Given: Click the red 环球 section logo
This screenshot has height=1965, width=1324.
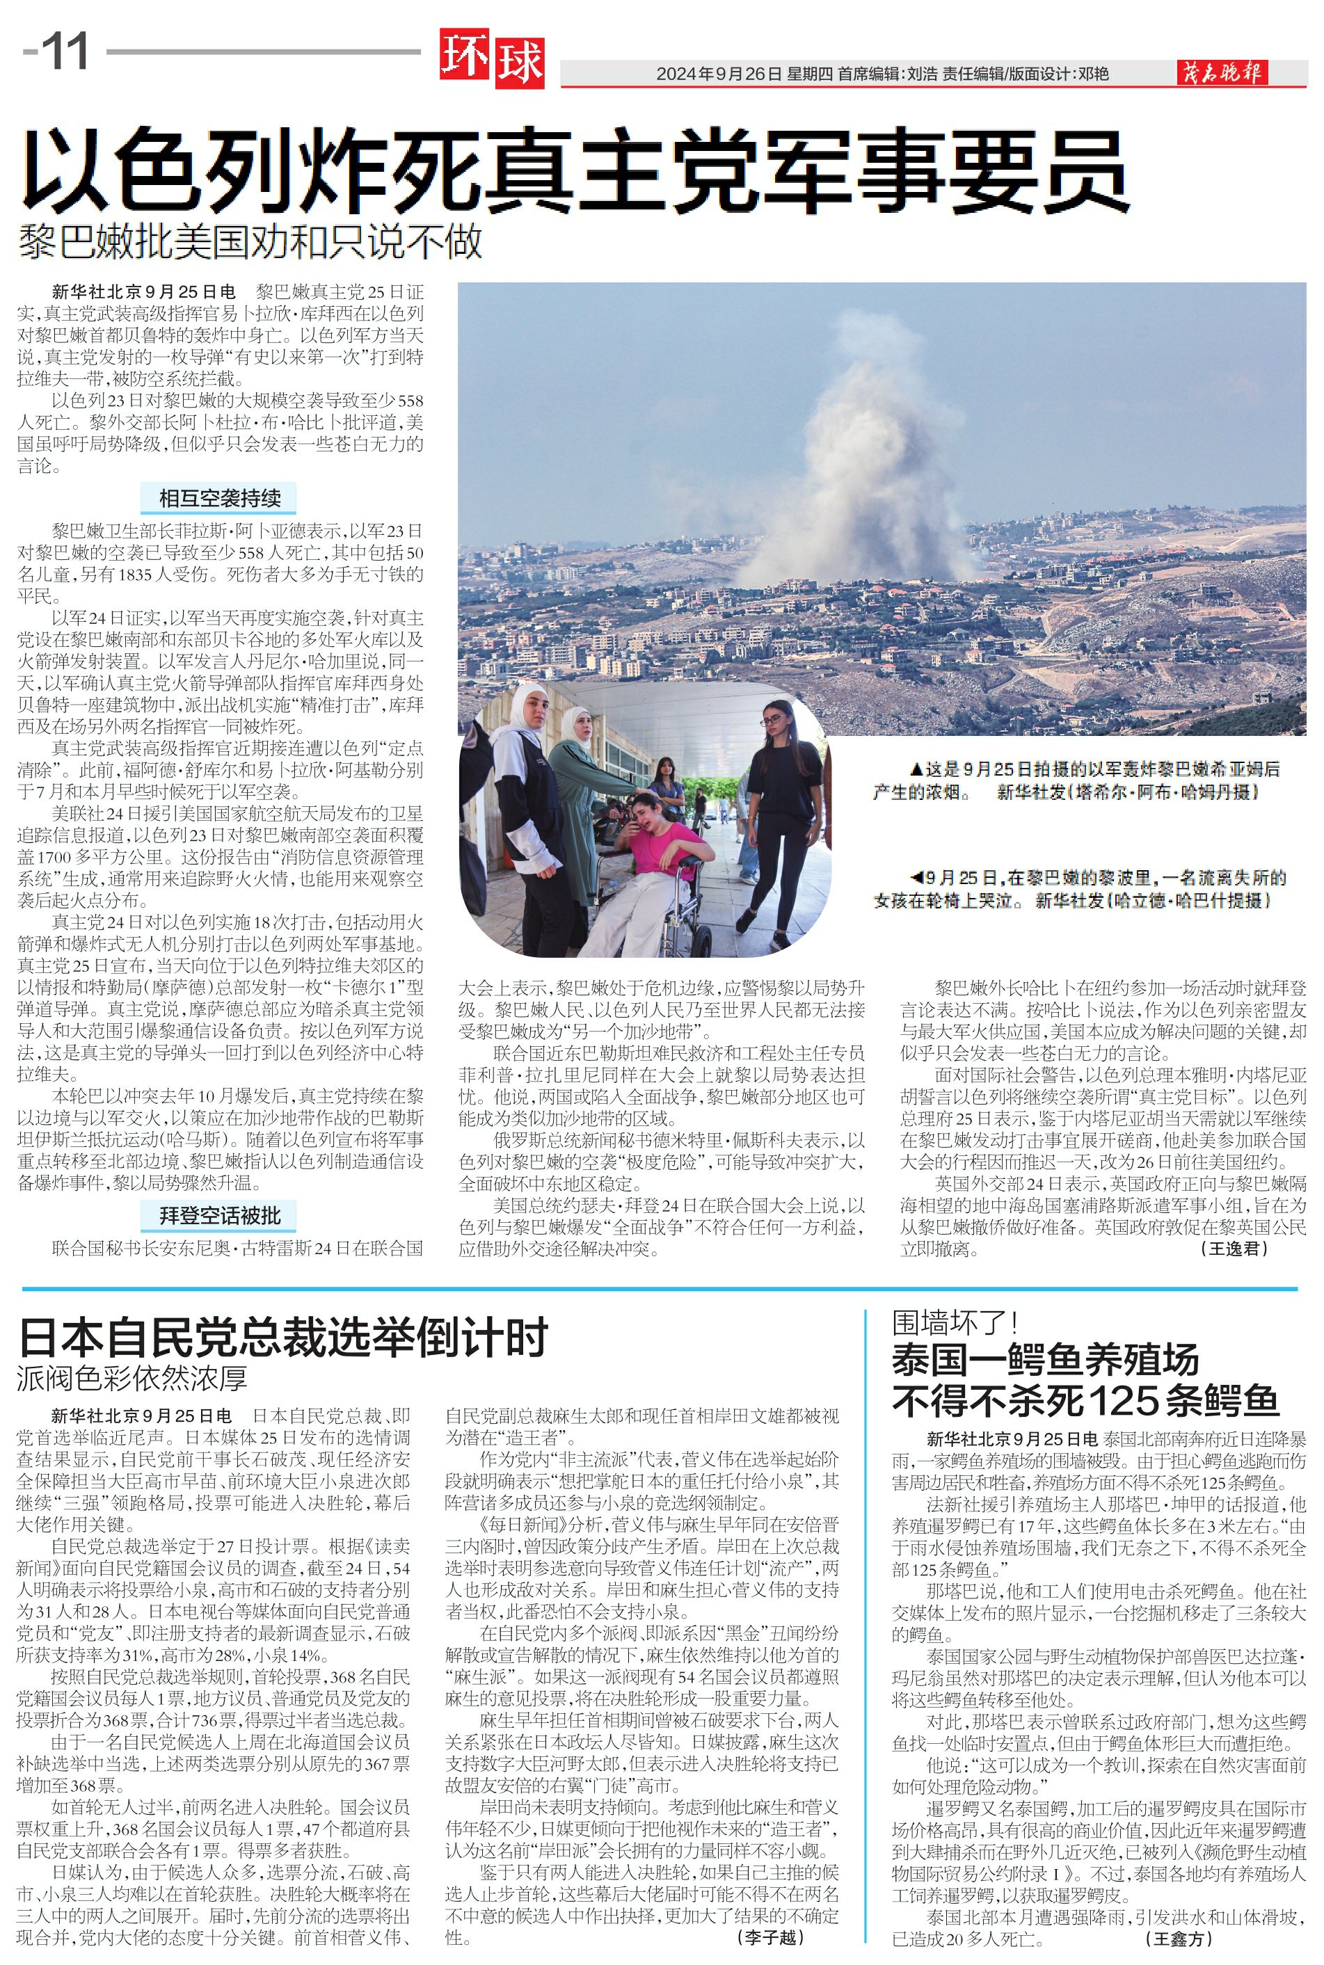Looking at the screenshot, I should [491, 59].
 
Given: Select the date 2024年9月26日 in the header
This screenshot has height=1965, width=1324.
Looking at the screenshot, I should [719, 74].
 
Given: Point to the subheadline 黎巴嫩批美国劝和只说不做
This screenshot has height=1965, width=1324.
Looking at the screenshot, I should [250, 241].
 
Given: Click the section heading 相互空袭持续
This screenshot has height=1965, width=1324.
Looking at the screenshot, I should [220, 498].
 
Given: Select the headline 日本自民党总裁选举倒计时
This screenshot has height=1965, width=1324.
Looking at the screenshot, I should [283, 1337].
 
